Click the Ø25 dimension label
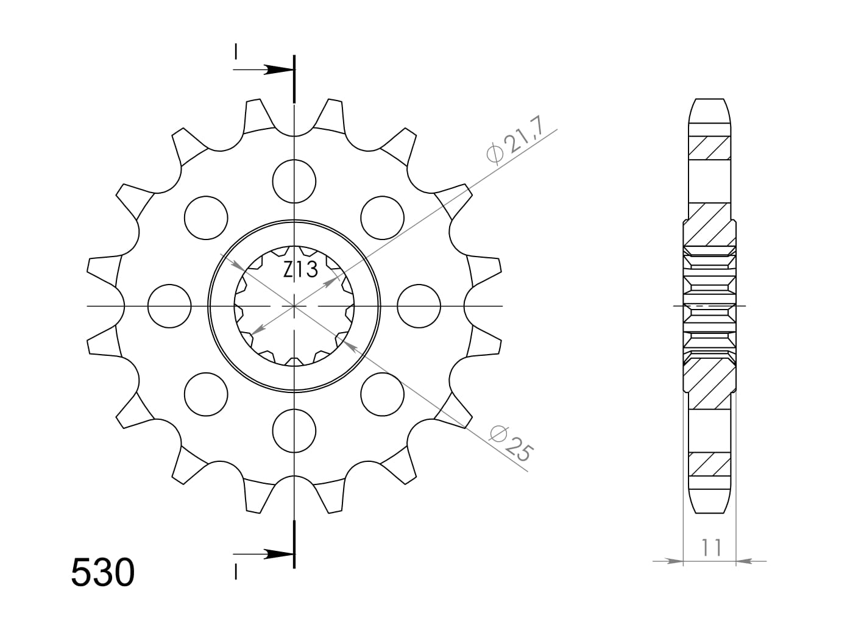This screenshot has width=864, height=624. (512, 443)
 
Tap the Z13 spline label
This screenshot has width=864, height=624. (300, 269)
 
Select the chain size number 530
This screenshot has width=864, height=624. (102, 573)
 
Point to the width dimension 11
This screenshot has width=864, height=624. (710, 547)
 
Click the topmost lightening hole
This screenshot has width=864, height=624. (294, 181)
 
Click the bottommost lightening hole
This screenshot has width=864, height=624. (294, 431)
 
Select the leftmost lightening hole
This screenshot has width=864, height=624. (169, 306)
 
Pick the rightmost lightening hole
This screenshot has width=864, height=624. (419, 306)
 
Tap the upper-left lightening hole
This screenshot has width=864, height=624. (206, 218)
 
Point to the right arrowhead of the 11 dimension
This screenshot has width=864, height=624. (745, 560)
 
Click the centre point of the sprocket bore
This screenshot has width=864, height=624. (294, 306)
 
